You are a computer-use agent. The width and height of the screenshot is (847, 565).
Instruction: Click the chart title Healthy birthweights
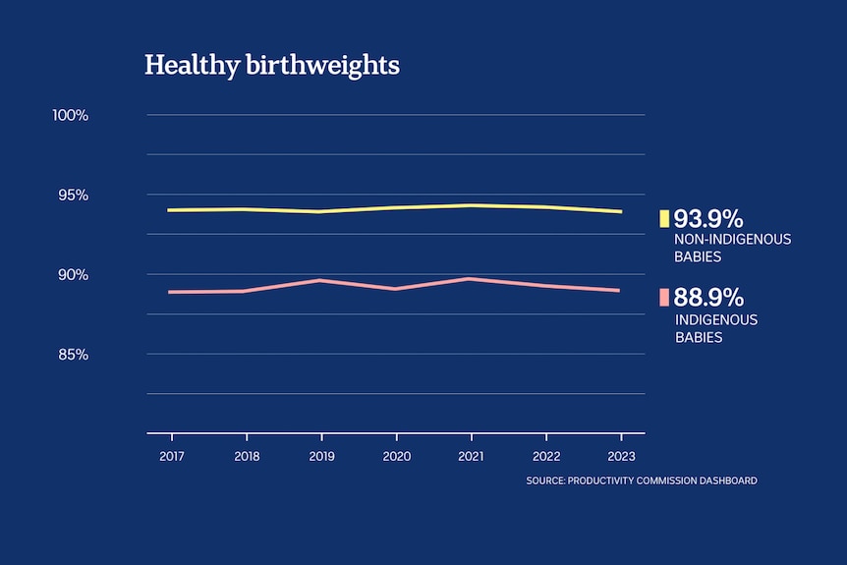(x=272, y=66)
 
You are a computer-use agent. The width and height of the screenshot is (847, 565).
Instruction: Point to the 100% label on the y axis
(x=71, y=115)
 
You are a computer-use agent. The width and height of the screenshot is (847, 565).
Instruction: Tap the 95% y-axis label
(x=73, y=195)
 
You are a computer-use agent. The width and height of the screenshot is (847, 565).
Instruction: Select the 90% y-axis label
(x=73, y=274)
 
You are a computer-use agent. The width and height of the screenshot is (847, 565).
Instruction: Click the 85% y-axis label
(x=73, y=354)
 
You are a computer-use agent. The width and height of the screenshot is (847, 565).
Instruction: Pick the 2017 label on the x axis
(x=172, y=457)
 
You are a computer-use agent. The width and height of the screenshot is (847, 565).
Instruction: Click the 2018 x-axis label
(x=247, y=457)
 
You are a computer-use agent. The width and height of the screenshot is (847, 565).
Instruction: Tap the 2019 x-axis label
(x=321, y=457)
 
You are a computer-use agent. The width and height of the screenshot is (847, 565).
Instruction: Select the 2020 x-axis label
(x=396, y=457)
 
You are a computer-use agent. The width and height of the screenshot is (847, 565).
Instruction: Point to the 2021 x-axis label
(x=471, y=457)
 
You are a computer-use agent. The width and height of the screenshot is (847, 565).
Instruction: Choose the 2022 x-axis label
(x=545, y=457)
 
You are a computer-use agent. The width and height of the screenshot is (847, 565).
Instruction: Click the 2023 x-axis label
(x=621, y=457)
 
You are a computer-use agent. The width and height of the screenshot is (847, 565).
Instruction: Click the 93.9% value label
(x=708, y=218)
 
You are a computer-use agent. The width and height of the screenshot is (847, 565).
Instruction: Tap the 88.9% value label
(x=708, y=298)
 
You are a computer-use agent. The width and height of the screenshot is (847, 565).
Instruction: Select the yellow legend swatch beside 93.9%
(x=664, y=218)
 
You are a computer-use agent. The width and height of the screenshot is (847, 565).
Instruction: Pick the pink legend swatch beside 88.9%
(x=664, y=298)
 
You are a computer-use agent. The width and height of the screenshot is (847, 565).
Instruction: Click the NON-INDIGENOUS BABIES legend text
(x=732, y=248)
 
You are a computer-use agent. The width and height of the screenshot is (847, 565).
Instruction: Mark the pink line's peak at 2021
(x=472, y=279)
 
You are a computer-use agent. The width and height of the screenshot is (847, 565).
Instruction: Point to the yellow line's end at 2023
(x=620, y=211)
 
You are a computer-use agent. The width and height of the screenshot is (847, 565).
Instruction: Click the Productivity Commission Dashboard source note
(x=642, y=480)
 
